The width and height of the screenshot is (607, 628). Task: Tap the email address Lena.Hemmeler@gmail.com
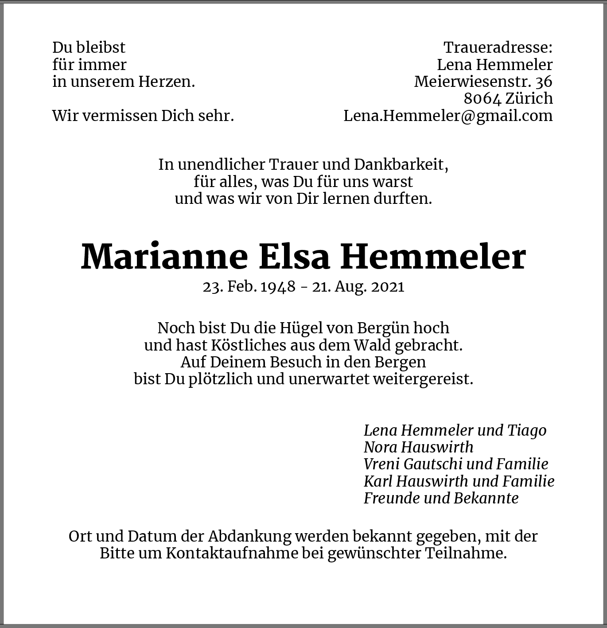(x=448, y=116)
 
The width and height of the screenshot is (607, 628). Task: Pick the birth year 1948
(x=278, y=287)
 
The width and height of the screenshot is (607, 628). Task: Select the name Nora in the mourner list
(x=379, y=447)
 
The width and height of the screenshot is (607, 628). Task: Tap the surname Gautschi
(x=428, y=464)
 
